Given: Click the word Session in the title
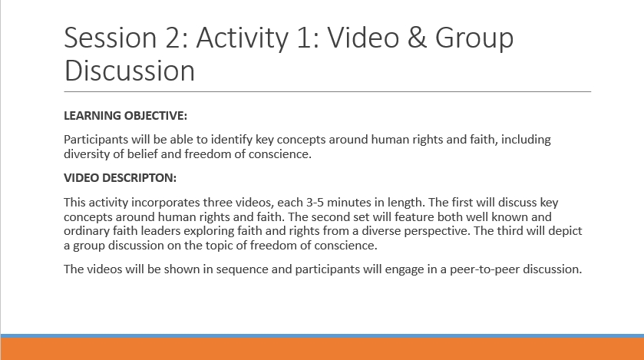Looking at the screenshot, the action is (111, 38).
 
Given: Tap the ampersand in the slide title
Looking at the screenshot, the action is (417, 38).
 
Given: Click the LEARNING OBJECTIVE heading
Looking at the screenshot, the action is (125, 116).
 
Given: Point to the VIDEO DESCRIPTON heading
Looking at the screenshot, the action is (120, 178).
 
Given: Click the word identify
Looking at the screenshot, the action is (232, 140).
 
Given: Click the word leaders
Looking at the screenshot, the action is (160, 231).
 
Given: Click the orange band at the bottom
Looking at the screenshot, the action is (322, 349).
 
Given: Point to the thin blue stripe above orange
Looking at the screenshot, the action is (322, 335).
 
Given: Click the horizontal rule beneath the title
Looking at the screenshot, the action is (327, 91).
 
